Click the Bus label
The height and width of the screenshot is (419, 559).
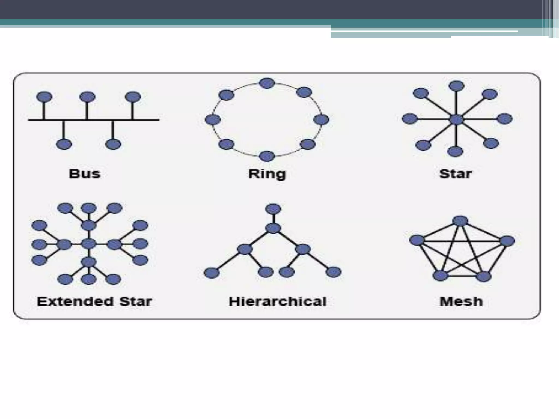85,174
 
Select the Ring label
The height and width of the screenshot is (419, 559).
267,174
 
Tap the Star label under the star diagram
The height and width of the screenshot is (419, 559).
455,174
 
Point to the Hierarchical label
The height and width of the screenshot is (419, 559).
277,301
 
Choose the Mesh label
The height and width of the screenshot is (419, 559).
461,301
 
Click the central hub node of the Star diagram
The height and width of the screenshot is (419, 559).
456,119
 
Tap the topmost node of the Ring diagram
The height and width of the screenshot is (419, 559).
267,83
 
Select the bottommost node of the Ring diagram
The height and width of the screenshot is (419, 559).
267,156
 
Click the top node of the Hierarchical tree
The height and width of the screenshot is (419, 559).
273,209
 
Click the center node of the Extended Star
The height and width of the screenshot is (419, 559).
89,244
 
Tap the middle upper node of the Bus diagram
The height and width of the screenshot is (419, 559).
87,97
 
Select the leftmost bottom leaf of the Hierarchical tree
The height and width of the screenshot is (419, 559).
212,273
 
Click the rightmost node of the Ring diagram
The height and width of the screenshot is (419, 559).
321,119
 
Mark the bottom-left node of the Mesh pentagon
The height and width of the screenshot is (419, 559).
440,276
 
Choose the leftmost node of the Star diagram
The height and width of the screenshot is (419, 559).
409,119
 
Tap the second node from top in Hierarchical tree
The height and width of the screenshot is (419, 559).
273,228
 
